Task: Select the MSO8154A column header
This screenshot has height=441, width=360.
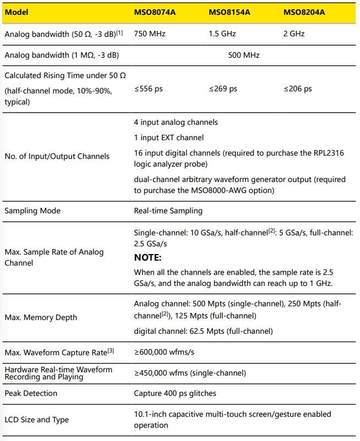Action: click(x=230, y=12)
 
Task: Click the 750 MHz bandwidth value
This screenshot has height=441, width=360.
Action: click(x=150, y=34)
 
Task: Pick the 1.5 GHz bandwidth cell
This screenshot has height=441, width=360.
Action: click(x=221, y=34)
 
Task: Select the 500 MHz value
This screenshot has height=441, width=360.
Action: click(x=243, y=55)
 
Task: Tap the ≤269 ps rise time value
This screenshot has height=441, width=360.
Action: click(x=223, y=89)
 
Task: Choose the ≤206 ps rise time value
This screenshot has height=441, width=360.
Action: click(x=298, y=89)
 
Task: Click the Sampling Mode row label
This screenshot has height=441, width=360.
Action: click(x=32, y=211)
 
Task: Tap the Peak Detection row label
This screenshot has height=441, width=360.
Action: click(x=31, y=393)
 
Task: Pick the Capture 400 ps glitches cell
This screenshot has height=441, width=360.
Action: click(x=176, y=393)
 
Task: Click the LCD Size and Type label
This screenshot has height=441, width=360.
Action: click(x=37, y=420)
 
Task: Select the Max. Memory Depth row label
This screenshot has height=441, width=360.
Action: click(x=41, y=317)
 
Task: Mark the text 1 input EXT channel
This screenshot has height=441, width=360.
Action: click(x=168, y=137)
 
